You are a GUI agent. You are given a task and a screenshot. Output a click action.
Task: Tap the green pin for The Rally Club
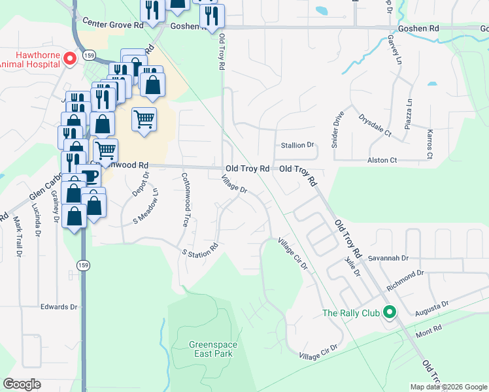(x=390, y=313)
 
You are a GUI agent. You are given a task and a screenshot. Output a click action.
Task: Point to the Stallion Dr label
(x=297, y=145)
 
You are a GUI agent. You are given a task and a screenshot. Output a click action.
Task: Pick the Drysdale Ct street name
(x=374, y=126)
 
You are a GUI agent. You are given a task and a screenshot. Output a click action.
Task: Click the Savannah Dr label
(x=387, y=258)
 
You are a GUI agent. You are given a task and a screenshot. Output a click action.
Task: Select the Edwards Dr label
(x=59, y=306)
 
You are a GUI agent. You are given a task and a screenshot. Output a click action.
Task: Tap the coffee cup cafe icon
(x=89, y=176)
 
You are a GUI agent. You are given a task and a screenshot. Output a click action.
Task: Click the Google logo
(x=22, y=384)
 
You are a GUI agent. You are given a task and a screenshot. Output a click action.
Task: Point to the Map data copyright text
(x=448, y=387)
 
